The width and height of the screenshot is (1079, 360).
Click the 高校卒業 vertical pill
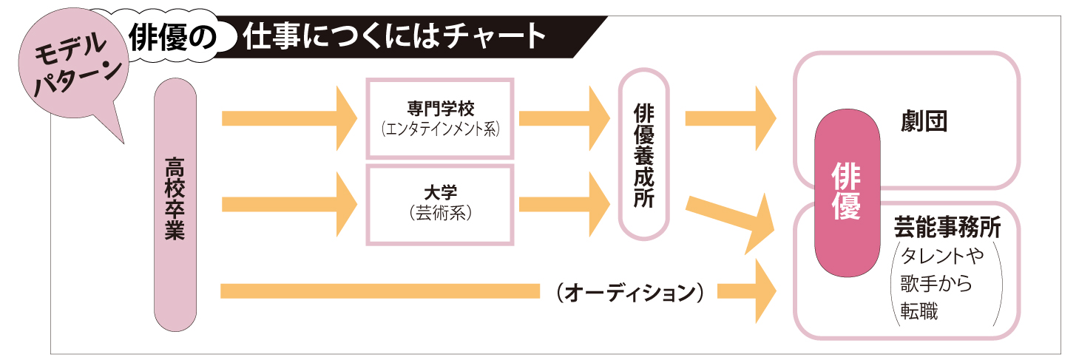pos(175,204)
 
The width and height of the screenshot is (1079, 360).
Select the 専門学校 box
pos(440,118)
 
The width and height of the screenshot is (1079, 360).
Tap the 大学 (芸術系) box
pos(440,204)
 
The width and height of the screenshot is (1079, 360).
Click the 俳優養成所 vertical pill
pos(643,154)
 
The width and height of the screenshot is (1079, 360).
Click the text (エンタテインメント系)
pos(440,129)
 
